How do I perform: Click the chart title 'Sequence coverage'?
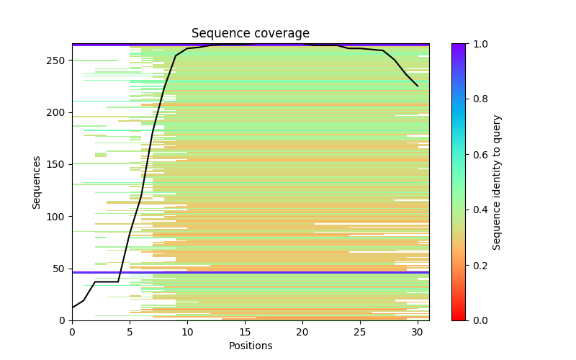(250, 34)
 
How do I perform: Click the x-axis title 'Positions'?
(250, 346)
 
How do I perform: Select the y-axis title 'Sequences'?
(37, 182)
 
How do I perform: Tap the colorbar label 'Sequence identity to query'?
(497, 182)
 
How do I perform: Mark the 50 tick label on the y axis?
(61, 269)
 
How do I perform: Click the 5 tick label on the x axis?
(130, 331)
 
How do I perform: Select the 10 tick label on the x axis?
(187, 331)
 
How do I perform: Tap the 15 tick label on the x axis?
(245, 331)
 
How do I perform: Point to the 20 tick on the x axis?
(302, 331)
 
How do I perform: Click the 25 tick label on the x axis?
(360, 331)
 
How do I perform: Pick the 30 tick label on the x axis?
(418, 331)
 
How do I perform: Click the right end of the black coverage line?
(418, 86)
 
